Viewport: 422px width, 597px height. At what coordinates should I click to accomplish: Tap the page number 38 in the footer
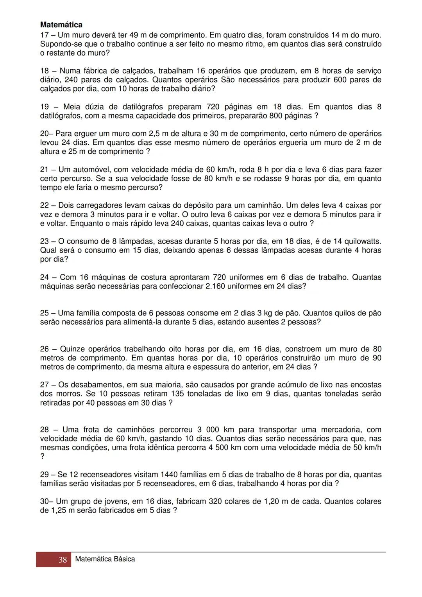pos(63,560)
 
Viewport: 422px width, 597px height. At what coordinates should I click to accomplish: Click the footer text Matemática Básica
pos(105,559)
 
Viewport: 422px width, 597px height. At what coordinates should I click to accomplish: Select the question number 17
pos(44,35)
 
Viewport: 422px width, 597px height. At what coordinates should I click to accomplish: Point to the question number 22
pos(45,205)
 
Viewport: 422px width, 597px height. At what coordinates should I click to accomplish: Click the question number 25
pos(45,313)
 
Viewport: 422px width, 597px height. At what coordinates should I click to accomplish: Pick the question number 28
pos(45,430)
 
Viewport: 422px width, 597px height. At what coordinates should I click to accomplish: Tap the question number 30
pos(45,501)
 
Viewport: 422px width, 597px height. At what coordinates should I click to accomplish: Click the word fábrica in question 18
pos(95,71)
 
